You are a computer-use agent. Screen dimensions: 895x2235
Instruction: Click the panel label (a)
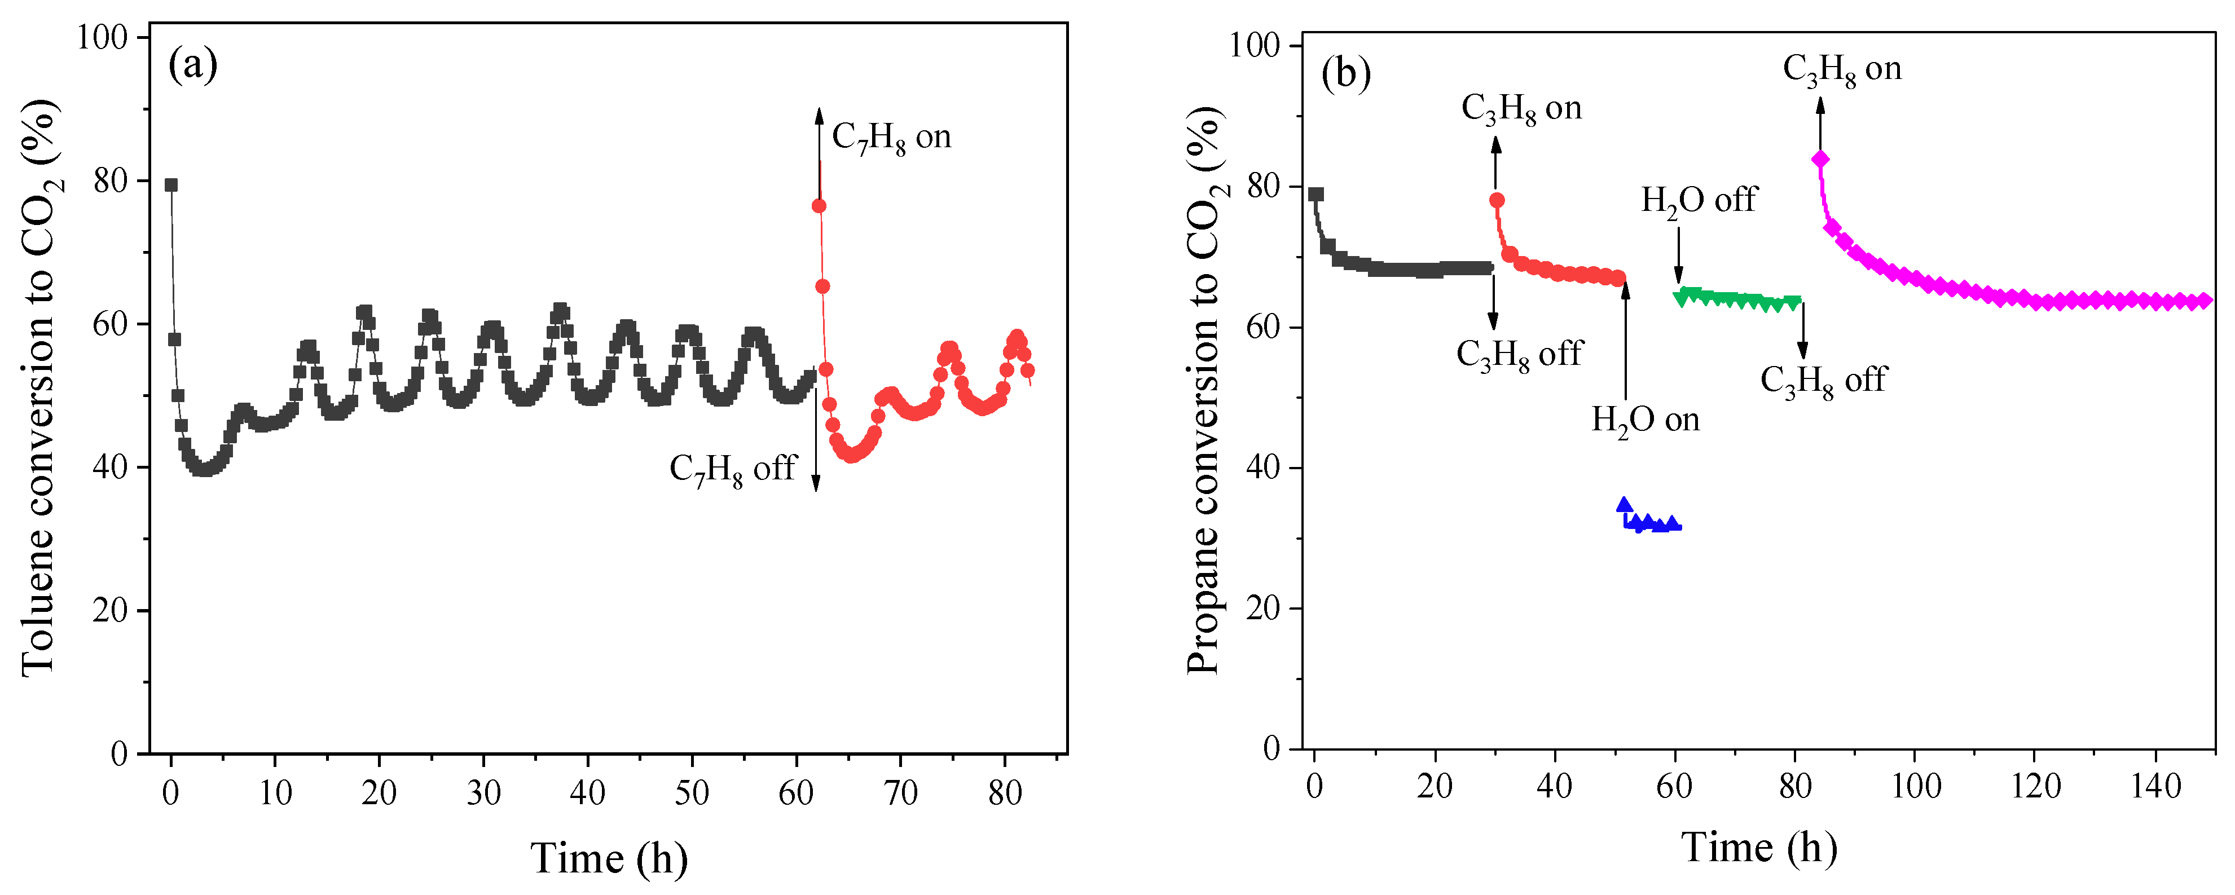tap(192, 65)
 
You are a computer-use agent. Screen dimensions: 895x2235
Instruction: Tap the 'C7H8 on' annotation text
tap(891, 137)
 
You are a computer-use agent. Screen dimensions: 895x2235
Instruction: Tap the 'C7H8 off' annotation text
tap(732, 469)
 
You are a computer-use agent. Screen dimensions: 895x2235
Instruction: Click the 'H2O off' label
tap(1698, 200)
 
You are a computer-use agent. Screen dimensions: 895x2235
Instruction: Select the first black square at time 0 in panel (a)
tap(171, 185)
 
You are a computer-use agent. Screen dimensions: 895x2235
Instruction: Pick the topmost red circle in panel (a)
tap(818, 205)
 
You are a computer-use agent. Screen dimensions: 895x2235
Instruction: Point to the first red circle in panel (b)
tap(1497, 200)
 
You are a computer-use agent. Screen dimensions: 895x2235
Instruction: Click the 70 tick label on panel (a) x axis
tap(900, 793)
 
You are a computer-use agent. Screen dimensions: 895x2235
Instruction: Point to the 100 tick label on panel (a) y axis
tap(102, 37)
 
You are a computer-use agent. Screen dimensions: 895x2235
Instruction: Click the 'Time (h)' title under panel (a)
tap(609, 858)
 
